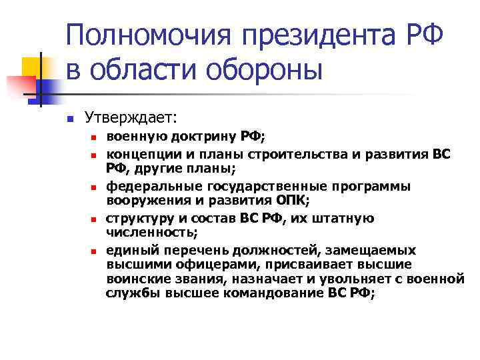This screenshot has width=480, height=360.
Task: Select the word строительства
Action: pos(300,153)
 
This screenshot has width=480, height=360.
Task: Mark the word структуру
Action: pos(139,218)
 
